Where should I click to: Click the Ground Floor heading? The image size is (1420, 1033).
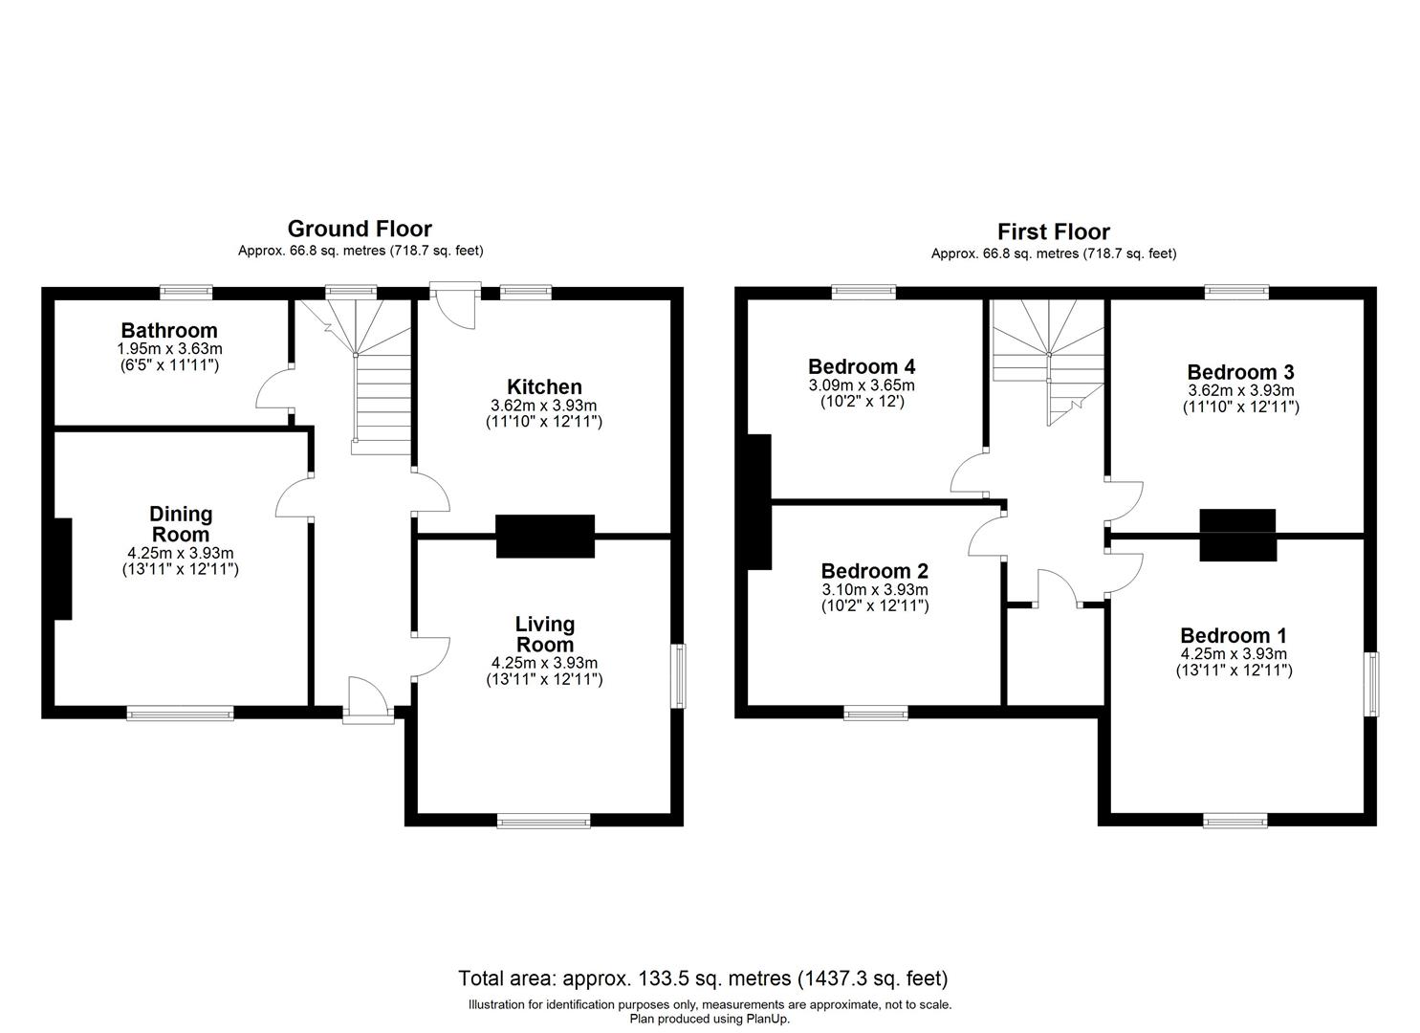[x=360, y=229]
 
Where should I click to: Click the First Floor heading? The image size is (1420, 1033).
[x=1053, y=231]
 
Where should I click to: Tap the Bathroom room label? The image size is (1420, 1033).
[x=169, y=331]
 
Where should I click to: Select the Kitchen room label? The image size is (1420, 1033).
[x=544, y=386]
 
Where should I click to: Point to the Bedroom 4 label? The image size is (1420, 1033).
[x=862, y=366]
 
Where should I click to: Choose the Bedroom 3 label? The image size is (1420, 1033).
[x=1240, y=372]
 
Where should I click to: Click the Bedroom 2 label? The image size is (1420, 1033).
[x=874, y=571]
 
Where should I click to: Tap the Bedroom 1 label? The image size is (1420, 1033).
[x=1234, y=635]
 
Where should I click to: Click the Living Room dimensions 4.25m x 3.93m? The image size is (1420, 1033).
[x=544, y=663]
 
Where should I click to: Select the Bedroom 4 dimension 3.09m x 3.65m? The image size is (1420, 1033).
[x=862, y=385]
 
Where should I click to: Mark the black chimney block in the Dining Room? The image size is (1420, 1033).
[x=62, y=569]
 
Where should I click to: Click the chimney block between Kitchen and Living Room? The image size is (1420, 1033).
[x=545, y=536]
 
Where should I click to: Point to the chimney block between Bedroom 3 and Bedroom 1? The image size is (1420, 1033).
[x=1237, y=535]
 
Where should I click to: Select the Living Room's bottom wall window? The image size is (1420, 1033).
[x=544, y=820]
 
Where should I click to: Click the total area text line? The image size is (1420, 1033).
[x=703, y=978]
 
